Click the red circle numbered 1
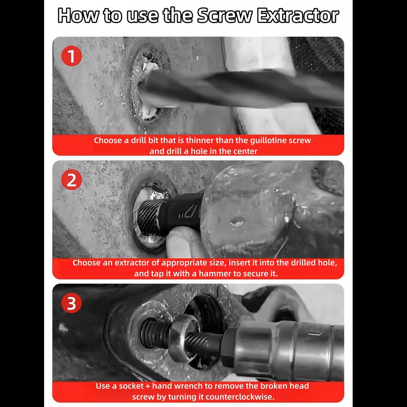point(72,56)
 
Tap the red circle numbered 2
point(72,180)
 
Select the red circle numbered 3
point(72,304)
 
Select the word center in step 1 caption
point(244,151)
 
